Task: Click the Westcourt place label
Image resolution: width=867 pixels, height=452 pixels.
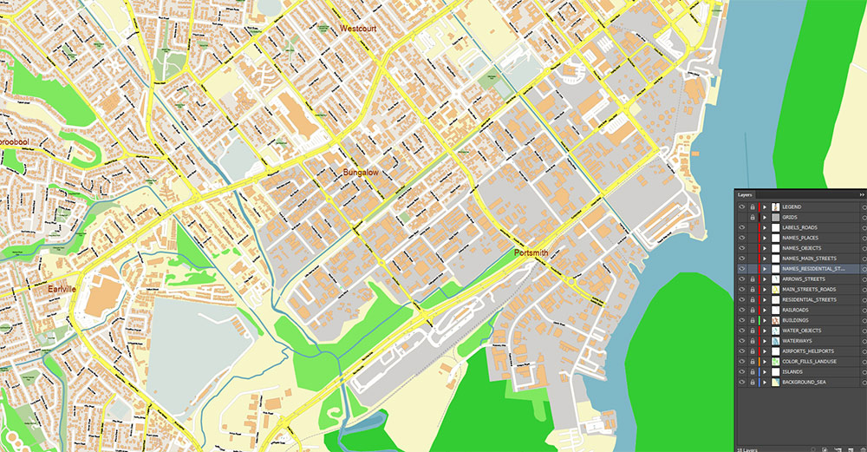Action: tap(358, 29)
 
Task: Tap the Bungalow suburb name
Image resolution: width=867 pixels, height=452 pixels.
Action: tap(361, 174)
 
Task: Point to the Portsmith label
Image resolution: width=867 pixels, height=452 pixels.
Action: tap(531, 253)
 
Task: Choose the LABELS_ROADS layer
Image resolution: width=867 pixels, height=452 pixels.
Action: tap(799, 227)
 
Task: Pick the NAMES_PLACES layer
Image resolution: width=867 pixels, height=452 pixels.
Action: tap(799, 238)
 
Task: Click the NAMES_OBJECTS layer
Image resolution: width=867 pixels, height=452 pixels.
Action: tap(801, 248)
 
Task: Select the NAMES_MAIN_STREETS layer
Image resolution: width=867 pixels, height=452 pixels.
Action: tap(808, 259)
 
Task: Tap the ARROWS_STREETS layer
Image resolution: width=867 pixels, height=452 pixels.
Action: tap(803, 278)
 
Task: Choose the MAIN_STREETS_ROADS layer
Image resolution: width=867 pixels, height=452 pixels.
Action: tap(808, 289)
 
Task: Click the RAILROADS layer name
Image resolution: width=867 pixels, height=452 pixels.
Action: tap(795, 310)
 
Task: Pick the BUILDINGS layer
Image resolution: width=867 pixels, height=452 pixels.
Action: tap(795, 320)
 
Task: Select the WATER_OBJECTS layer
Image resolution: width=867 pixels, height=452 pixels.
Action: tap(801, 331)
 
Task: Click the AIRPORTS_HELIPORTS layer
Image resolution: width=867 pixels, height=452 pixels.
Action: tap(806, 351)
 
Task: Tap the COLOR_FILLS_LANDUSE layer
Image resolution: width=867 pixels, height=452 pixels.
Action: tap(809, 361)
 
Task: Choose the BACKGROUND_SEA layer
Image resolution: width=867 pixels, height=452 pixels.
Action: tap(803, 382)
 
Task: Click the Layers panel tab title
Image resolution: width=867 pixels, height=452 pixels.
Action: tap(746, 195)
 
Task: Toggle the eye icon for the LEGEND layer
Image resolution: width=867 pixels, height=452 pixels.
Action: tap(741, 206)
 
